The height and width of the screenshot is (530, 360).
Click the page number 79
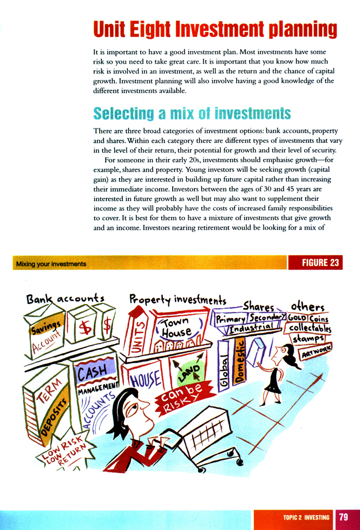[343, 517]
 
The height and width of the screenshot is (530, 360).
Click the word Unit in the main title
[111, 30]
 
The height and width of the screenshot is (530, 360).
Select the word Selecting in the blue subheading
[119, 114]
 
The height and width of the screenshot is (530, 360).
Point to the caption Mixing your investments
[51, 264]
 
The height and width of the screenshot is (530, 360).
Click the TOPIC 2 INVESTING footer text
[306, 518]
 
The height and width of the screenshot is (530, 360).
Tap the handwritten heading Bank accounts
[65, 299]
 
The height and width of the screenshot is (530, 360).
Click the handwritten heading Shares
[259, 306]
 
